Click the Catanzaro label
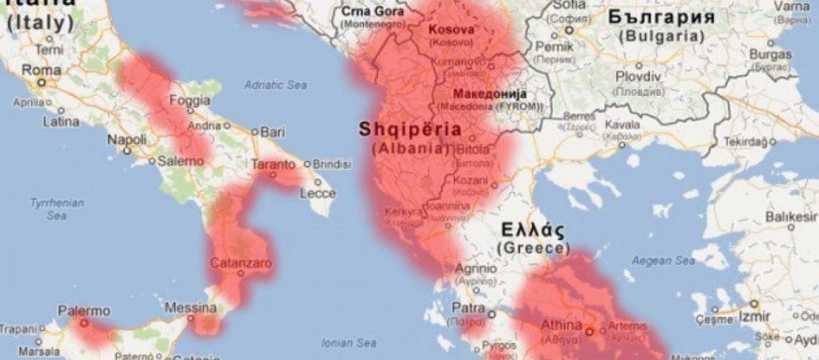[241, 262]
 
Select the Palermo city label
[83, 310]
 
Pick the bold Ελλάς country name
[533, 232]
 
